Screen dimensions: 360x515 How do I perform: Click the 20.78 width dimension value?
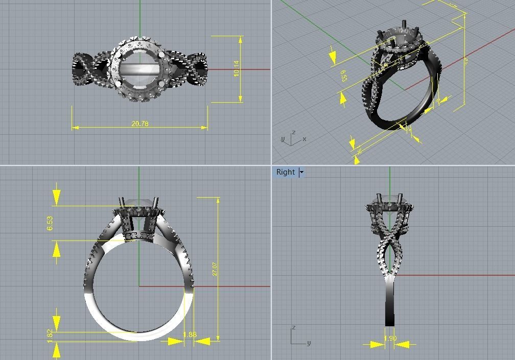tap(139, 124)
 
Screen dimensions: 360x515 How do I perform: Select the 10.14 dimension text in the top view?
tap(236, 69)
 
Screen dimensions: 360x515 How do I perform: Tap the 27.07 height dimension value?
tap(215, 269)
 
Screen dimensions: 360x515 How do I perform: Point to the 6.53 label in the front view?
tap(50, 223)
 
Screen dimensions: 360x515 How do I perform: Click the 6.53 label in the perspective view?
tap(343, 76)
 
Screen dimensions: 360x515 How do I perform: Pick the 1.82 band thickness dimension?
tap(50, 335)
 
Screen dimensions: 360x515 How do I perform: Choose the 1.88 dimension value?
tap(190, 335)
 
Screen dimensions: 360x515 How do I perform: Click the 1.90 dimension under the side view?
tap(390, 339)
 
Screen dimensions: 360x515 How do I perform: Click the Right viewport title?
tap(285, 172)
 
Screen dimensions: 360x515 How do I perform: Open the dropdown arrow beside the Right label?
tap(301, 172)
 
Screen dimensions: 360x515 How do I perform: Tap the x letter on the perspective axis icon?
tap(305, 139)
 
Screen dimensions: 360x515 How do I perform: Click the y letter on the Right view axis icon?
tap(309, 343)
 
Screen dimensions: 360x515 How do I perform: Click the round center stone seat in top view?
tap(139, 69)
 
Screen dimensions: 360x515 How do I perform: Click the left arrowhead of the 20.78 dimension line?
tap(75, 127)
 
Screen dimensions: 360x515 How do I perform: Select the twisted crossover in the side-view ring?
tap(390, 241)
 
